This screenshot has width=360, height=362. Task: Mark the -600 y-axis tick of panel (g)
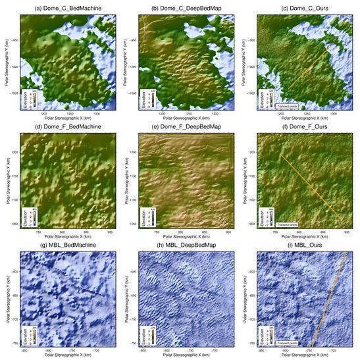coord(13,255)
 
